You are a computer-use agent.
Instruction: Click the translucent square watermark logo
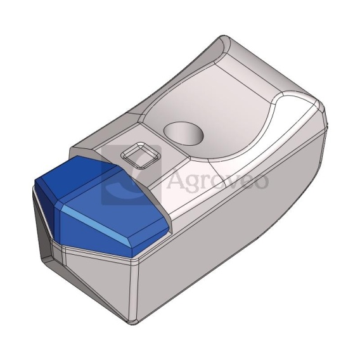pyautogui.click(x=131, y=174)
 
